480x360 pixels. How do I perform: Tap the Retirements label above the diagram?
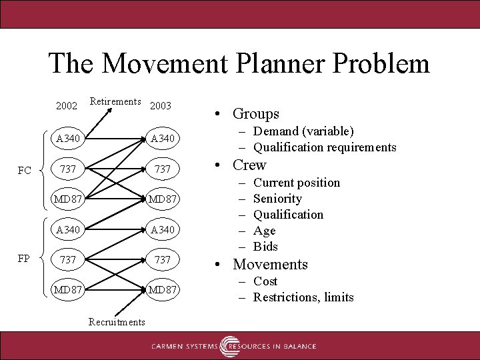(x=115, y=101)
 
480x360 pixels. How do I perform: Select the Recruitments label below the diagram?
(x=117, y=322)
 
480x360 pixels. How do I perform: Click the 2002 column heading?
(x=67, y=105)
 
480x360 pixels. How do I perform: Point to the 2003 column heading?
(x=161, y=105)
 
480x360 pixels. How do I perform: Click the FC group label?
(x=25, y=171)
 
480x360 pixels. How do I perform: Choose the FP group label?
(x=24, y=259)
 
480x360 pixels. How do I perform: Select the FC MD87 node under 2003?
(x=162, y=199)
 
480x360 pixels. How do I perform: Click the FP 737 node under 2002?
(x=68, y=259)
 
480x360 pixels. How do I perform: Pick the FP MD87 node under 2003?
(x=162, y=290)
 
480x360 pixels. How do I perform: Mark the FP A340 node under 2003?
(x=162, y=229)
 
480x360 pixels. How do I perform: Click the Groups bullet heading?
(x=256, y=114)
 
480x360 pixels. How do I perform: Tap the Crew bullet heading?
(x=249, y=165)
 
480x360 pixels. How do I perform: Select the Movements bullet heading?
(x=270, y=265)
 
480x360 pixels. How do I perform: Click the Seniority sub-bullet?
(x=277, y=199)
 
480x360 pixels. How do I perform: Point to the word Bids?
(x=265, y=247)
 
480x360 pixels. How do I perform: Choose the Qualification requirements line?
(x=325, y=147)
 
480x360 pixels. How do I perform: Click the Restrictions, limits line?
(x=303, y=297)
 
